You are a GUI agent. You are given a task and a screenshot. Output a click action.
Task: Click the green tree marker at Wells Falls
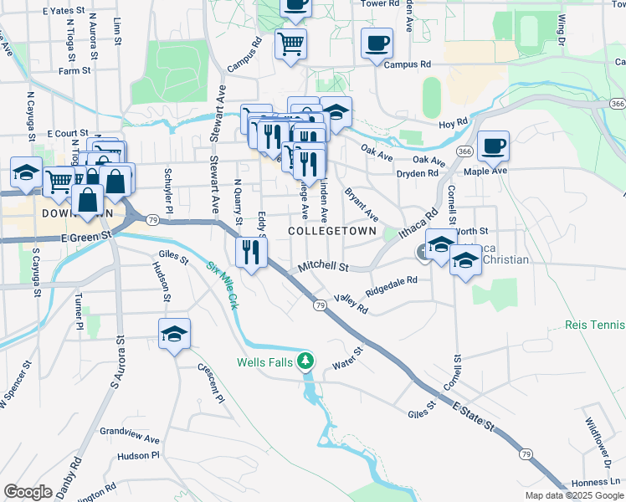click(x=307, y=361)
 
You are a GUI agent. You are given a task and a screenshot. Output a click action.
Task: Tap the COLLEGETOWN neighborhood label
click(x=331, y=230)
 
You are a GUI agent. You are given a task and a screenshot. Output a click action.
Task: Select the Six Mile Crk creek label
click(x=223, y=285)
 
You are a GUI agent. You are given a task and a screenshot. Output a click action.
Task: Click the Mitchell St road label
click(x=323, y=268)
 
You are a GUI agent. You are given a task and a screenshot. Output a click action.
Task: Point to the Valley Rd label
click(x=351, y=303)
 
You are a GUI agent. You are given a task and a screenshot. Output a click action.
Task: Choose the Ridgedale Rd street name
click(x=391, y=286)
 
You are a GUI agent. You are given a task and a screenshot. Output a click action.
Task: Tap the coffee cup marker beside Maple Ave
click(x=493, y=147)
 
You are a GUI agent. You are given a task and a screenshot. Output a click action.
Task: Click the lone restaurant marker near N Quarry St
click(x=251, y=252)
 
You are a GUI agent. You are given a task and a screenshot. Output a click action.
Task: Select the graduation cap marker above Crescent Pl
click(x=174, y=335)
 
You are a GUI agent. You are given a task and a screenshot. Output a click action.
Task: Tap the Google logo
click(x=28, y=492)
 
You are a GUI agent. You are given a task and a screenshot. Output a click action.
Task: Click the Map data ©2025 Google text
click(x=573, y=495)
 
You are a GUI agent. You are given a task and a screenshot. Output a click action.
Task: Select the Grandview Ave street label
click(x=129, y=438)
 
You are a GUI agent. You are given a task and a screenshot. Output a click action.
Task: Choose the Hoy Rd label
click(x=453, y=124)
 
